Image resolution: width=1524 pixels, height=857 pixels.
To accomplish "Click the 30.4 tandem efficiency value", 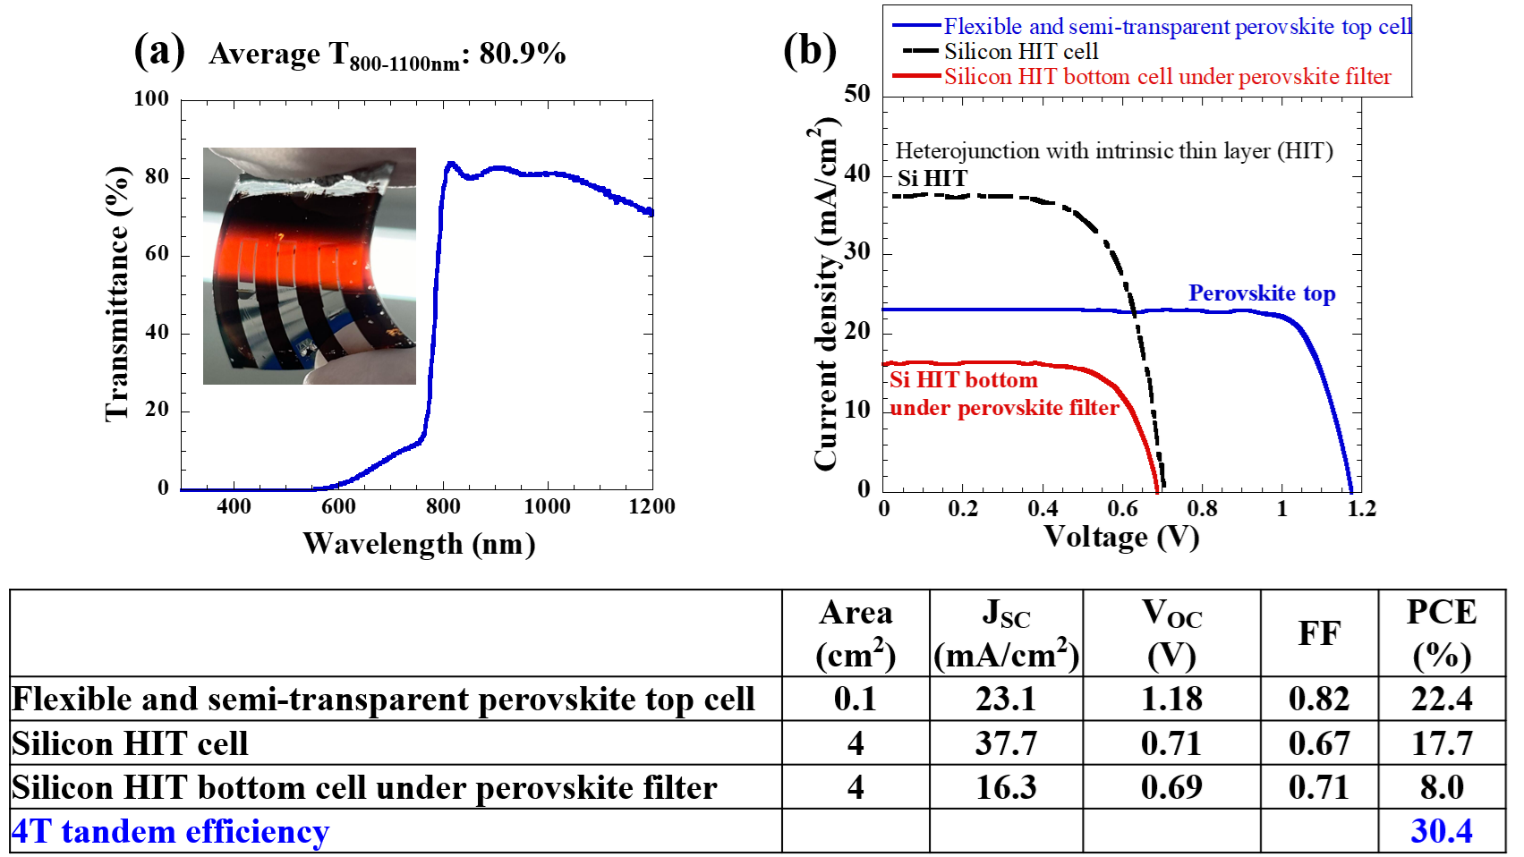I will click(1441, 831).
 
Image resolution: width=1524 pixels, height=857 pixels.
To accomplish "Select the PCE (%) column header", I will click(1441, 633).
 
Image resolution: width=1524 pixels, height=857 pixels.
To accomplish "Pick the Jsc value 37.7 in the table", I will click(1006, 743).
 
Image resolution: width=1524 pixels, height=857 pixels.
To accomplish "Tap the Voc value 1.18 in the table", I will click(1171, 699).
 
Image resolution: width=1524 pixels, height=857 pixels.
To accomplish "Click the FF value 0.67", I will click(1319, 743).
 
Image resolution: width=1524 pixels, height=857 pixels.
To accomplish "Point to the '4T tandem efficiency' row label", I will click(171, 831).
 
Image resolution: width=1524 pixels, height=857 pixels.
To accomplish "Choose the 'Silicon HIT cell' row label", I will click(131, 743).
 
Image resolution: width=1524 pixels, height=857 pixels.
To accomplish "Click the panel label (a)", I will click(159, 50).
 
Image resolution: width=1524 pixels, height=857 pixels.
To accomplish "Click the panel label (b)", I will click(809, 50).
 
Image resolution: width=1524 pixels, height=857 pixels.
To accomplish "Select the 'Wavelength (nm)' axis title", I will click(419, 543).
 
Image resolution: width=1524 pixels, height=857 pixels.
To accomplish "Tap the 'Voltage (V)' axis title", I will click(1121, 536).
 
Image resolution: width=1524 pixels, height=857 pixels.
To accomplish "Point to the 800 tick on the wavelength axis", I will click(443, 506).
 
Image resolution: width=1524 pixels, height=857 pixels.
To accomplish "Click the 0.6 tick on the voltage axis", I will click(1122, 509).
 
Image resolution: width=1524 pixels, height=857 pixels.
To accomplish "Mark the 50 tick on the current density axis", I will click(856, 94).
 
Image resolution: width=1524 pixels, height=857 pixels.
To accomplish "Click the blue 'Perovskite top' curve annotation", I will click(1261, 293).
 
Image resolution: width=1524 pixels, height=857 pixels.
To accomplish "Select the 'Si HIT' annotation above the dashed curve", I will click(932, 179).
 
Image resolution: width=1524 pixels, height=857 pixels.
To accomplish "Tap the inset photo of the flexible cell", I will click(310, 266).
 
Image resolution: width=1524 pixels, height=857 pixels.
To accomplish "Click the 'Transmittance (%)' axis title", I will click(117, 293).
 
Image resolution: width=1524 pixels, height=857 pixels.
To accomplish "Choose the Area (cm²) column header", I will click(856, 633).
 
